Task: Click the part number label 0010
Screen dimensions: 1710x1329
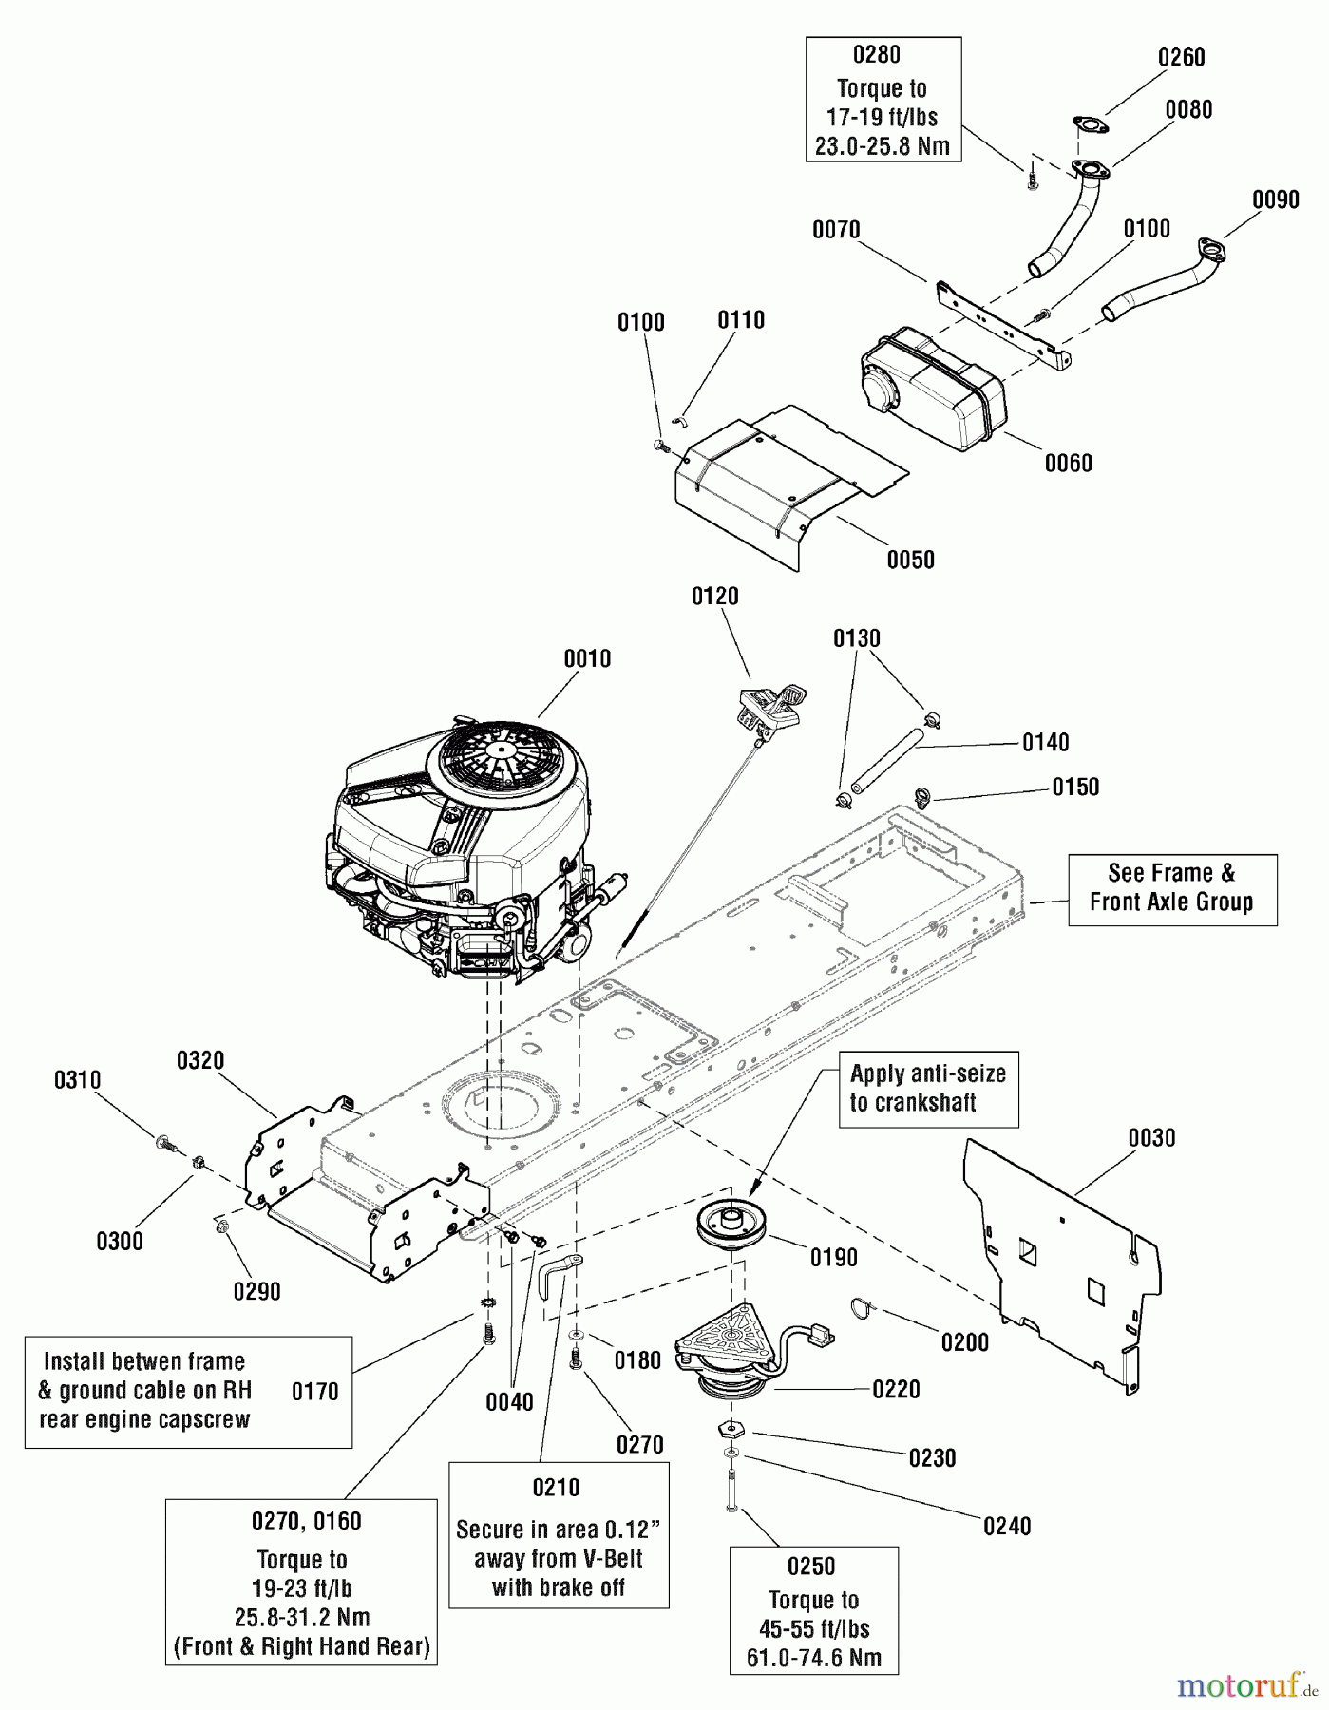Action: pos(587,658)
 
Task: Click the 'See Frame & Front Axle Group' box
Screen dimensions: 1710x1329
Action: pos(1171,887)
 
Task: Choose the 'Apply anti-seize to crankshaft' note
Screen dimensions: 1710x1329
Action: pos(927,1088)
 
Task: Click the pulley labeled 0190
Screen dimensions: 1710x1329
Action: pos(730,1225)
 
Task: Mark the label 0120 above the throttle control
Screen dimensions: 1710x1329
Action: pos(715,597)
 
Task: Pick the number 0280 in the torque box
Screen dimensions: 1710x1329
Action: pos(881,55)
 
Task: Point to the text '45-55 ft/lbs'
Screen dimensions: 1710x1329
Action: pos(814,1628)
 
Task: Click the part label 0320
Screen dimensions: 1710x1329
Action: pos(200,1060)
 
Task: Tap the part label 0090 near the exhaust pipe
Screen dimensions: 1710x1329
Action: pos(1276,200)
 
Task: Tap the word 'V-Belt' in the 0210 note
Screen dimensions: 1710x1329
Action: pos(610,1559)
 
